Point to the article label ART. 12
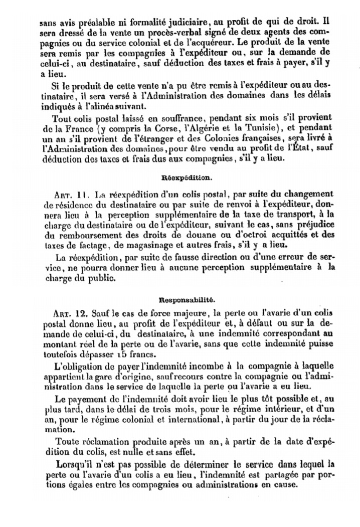pyautogui.click(x=71, y=313)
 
